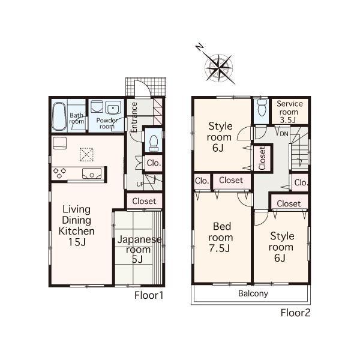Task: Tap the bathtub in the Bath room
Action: (59, 116)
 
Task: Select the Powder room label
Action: (106, 123)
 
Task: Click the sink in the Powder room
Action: (112, 109)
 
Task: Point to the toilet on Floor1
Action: (154, 142)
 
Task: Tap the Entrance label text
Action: (135, 117)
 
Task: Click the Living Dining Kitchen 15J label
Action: (76, 226)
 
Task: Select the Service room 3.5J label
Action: (289, 112)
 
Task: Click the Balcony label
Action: (253, 294)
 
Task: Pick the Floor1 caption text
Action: (149, 295)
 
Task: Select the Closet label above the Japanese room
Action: (144, 202)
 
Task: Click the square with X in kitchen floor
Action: (86, 154)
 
